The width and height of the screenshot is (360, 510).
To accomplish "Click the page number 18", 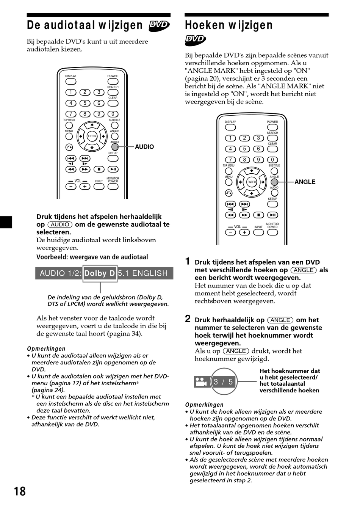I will click(20, 491).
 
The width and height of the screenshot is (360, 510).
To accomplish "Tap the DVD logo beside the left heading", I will click(159, 25).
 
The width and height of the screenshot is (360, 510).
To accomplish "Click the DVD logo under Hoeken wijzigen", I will click(195, 39).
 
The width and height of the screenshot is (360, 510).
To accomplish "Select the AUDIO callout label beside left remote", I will click(144, 147).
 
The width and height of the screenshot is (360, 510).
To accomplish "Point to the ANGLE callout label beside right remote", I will click(305, 182).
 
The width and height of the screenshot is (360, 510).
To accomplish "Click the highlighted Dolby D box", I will click(100, 273).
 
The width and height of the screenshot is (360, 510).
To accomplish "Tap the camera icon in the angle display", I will click(201, 381).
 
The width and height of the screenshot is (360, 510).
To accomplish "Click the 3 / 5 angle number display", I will click(223, 381).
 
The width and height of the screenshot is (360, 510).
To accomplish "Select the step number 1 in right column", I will click(188, 261).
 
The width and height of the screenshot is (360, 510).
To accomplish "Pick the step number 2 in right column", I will click(188, 319).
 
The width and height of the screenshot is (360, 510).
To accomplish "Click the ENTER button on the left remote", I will click(92, 136).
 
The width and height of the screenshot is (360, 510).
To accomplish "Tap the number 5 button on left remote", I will click(85, 103).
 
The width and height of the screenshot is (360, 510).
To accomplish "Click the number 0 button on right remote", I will click(272, 160).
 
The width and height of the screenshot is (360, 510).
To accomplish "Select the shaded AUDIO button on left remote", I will click(115, 147).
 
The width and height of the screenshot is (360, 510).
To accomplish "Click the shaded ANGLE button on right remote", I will click(274, 182).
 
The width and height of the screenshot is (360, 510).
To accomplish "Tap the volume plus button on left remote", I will click(85, 186).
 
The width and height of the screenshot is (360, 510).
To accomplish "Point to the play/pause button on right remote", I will click(272, 215).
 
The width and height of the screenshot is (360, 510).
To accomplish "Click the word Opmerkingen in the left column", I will click(46, 348).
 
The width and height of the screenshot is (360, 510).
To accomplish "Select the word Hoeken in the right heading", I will click(205, 25).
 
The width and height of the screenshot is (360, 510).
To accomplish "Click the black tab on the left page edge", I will click(6, 222).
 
